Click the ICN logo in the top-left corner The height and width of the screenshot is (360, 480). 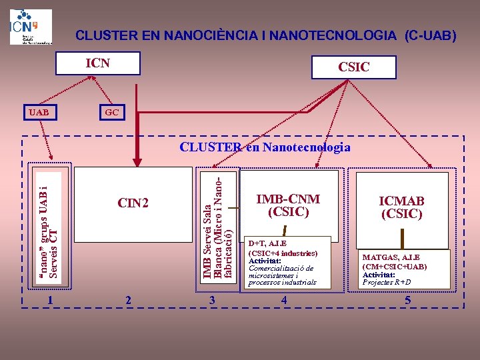31,27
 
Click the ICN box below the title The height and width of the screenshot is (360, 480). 98,64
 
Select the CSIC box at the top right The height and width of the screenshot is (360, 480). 353,67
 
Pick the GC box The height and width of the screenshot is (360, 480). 111,112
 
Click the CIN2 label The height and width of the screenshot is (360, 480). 133,203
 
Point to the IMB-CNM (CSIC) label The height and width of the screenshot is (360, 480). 287,205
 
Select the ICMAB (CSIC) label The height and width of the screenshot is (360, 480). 401,207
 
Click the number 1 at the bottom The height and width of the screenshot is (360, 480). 50,301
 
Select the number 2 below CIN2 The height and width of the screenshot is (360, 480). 128,301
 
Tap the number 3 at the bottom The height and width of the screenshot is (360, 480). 212,301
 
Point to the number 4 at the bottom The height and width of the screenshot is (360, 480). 284,301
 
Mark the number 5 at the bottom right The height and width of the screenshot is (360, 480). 407,301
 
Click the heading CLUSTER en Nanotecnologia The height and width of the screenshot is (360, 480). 265,147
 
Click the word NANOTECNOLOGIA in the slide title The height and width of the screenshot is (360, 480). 333,35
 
